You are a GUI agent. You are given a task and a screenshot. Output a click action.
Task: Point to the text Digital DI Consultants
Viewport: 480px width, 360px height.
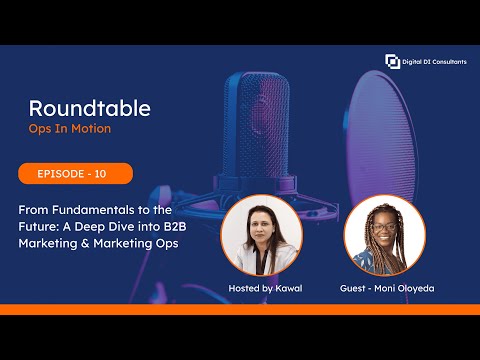click(x=434, y=62)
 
